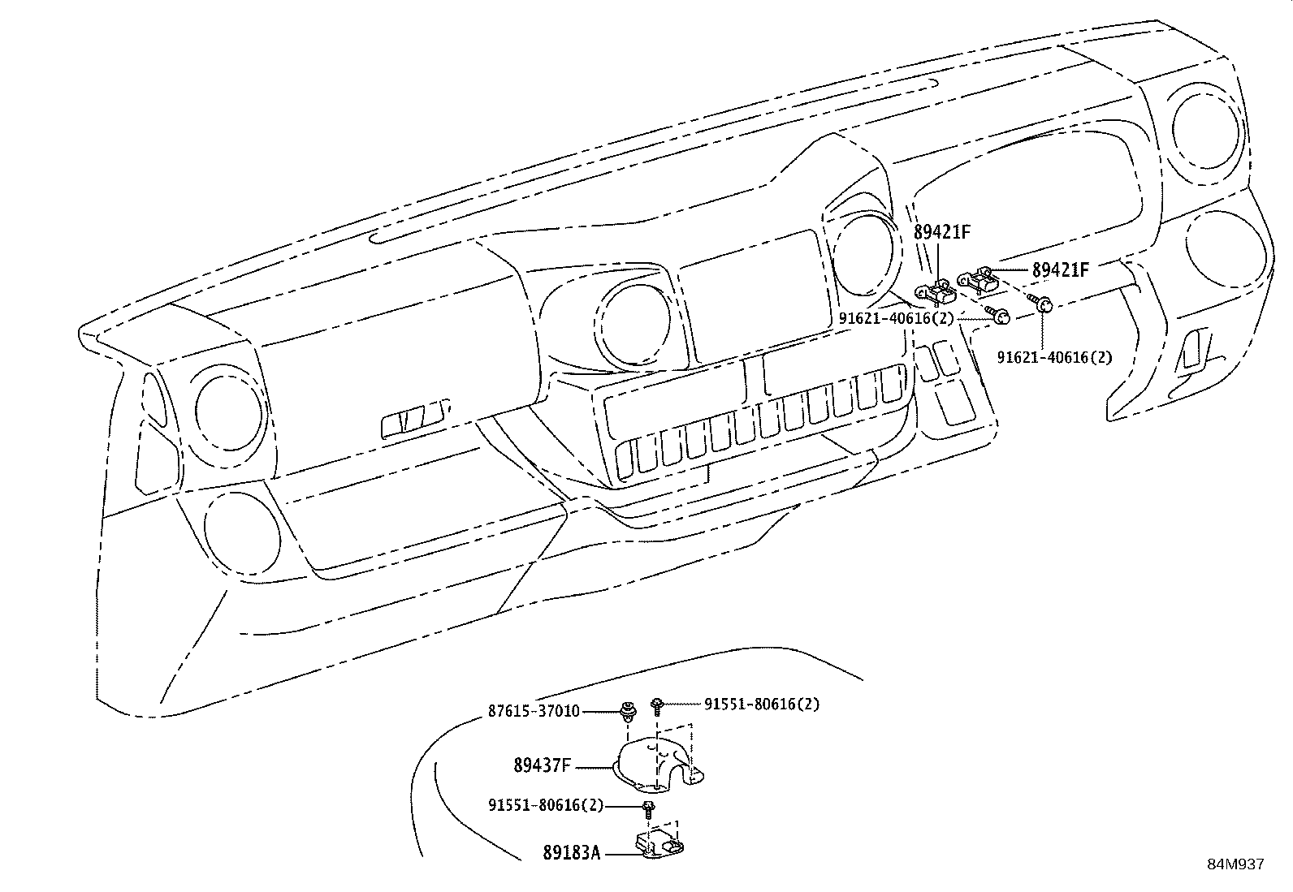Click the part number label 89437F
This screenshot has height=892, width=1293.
[542, 765]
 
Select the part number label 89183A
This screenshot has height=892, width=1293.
[571, 853]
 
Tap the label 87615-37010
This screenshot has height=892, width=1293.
[534, 711]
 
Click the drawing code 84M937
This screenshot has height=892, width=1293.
[1235, 864]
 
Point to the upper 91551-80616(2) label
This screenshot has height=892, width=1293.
[761, 704]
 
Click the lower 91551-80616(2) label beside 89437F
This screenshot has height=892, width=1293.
[546, 805]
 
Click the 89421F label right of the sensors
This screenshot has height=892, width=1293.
[1060, 269]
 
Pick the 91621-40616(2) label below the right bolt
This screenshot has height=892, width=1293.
[1054, 356]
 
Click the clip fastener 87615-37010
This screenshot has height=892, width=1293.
[627, 712]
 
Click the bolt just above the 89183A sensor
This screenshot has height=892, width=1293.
[648, 808]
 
